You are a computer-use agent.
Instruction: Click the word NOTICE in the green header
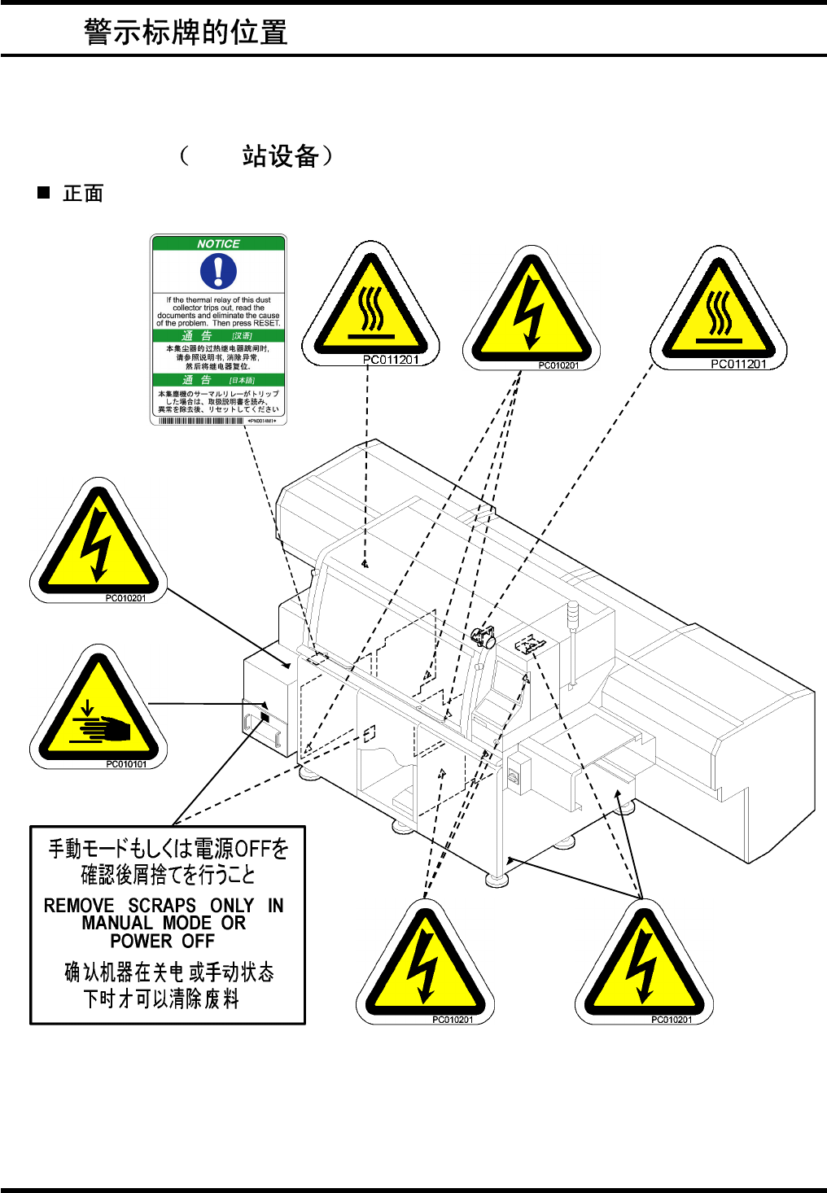[218, 243]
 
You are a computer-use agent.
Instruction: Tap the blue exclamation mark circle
[218, 271]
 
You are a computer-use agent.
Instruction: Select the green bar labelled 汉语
[218, 335]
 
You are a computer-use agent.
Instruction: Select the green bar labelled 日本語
[218, 380]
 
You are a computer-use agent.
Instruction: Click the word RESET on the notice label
[266, 323]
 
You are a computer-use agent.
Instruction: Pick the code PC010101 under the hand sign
[126, 764]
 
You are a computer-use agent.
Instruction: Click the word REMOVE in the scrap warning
[79, 906]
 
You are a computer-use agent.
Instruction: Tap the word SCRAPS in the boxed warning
[162, 906]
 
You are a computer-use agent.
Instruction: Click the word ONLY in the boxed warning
[232, 906]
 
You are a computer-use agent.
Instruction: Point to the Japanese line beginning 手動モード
[168, 849]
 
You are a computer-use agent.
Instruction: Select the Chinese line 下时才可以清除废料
[161, 999]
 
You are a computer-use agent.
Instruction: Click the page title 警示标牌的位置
[186, 33]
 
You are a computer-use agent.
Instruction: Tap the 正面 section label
[83, 194]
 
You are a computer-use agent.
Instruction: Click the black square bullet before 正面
[44, 193]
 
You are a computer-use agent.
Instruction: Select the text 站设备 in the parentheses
[279, 155]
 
